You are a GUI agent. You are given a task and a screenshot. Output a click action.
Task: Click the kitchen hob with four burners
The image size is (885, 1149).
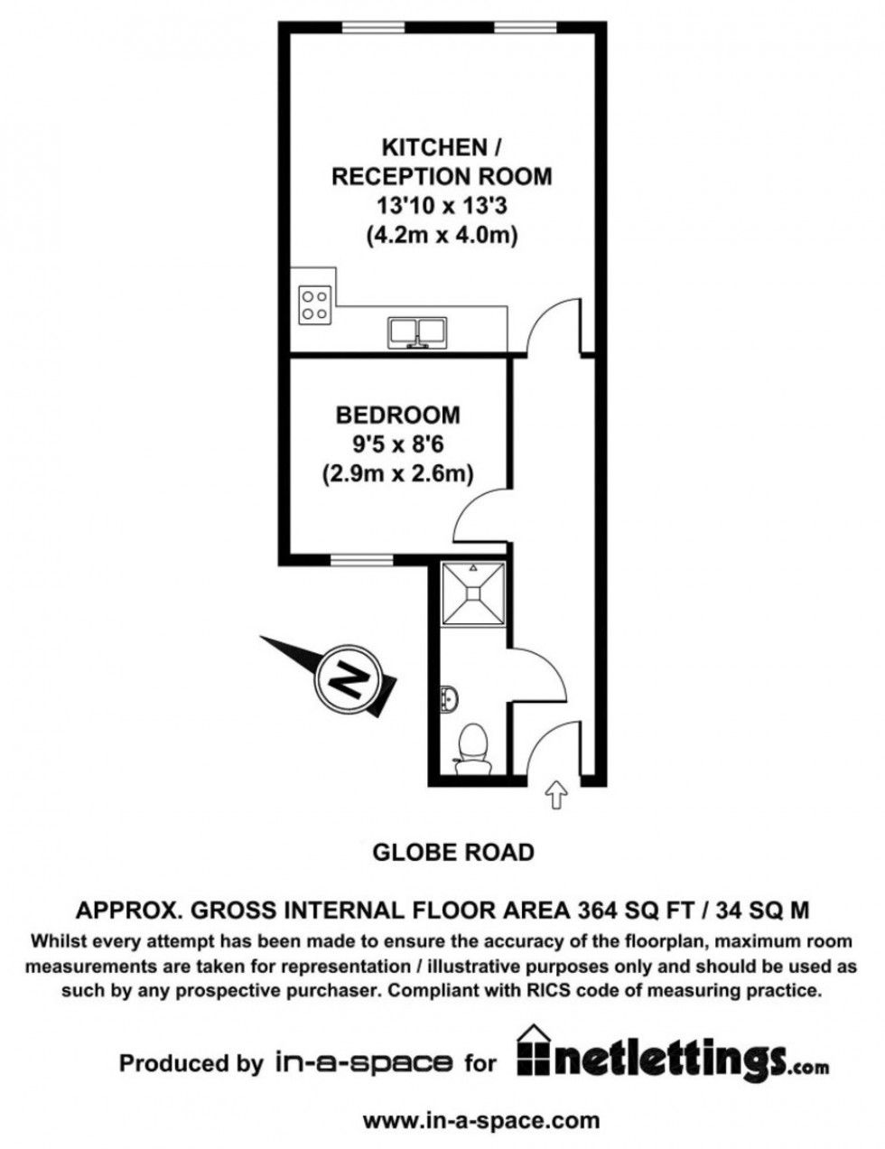[315, 304]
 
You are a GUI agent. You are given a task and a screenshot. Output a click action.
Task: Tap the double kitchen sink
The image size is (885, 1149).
[418, 332]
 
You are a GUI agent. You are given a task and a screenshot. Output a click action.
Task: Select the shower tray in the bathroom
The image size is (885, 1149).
[474, 593]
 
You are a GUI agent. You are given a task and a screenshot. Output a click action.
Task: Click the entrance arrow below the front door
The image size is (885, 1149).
[555, 795]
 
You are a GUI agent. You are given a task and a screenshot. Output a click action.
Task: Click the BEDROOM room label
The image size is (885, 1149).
[397, 416]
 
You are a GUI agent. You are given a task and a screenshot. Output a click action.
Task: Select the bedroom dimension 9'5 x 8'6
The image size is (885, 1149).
[397, 444]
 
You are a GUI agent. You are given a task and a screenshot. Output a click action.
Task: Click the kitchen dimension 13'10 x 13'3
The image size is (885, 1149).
[441, 205]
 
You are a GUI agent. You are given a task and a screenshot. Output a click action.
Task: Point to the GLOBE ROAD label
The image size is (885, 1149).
[453, 852]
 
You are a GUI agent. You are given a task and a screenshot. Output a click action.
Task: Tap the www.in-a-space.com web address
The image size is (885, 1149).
[480, 1121]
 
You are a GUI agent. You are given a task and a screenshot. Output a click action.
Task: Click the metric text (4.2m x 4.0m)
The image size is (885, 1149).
[441, 236]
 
